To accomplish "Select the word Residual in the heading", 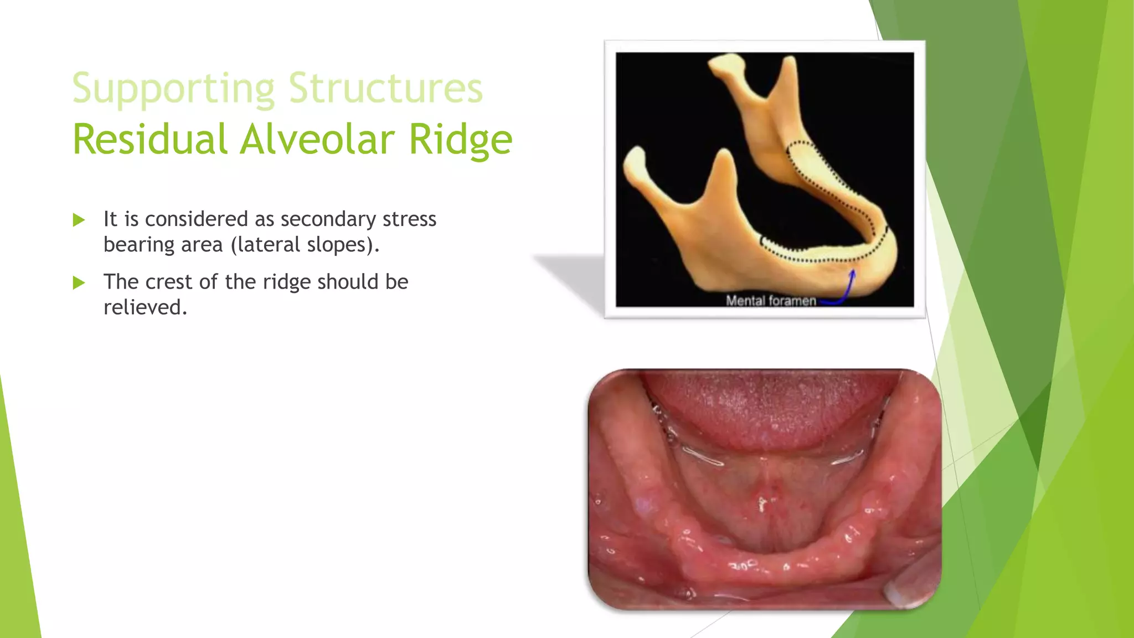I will coord(150,139).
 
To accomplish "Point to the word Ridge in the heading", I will coord(460,140).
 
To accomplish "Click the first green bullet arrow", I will coord(79,220).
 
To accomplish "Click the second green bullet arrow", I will coord(79,283).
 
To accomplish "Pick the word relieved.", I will coord(145,307).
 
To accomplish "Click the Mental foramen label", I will coord(770,301).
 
